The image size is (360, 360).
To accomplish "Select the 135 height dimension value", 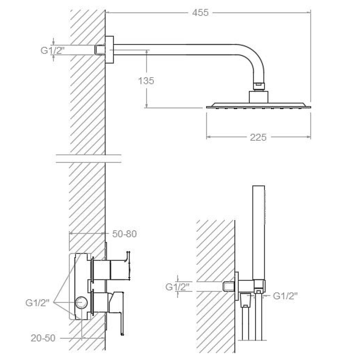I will pyautogui.click(x=146, y=80).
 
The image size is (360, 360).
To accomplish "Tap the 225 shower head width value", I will pyautogui.click(x=258, y=137).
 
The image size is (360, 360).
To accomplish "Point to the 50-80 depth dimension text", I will pyautogui.click(x=124, y=234).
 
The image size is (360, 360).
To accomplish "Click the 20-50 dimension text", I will pyautogui.click(x=43, y=338).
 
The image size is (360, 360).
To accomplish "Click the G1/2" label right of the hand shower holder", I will pyautogui.click(x=285, y=296).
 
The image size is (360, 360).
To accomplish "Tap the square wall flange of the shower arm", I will pyautogui.click(x=110, y=50).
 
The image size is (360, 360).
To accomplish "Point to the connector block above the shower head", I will pyautogui.click(x=258, y=97).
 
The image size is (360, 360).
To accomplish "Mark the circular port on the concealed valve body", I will pyautogui.click(x=81, y=303).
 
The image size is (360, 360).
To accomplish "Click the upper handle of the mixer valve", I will pyautogui.click(x=120, y=266).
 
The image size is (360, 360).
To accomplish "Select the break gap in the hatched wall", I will pyautogui.click(x=88, y=159).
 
